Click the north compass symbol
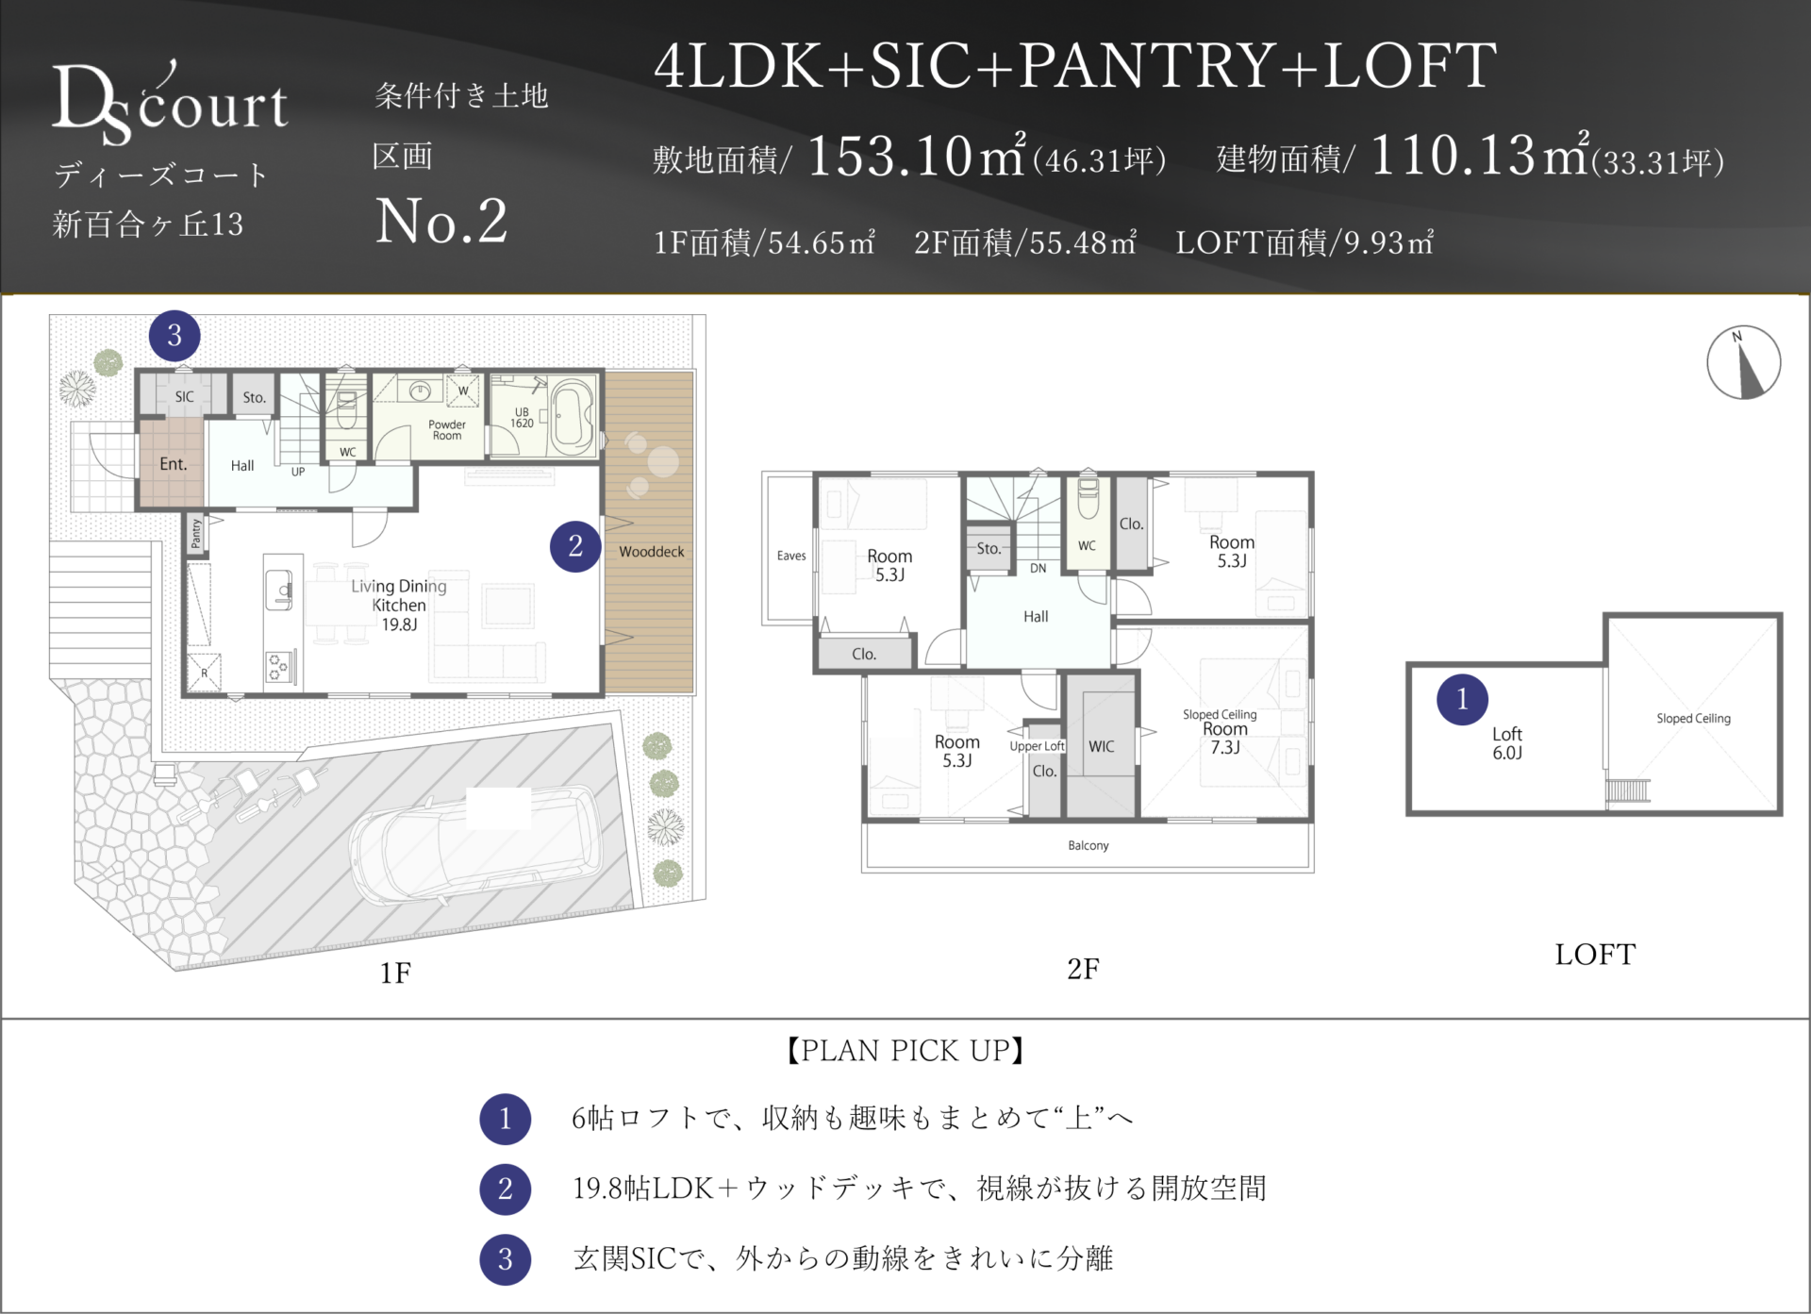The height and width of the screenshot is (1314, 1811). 1743,362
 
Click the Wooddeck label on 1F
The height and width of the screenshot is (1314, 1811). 652,552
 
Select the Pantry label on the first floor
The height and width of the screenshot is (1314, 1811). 196,533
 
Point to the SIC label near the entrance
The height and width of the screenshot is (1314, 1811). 184,397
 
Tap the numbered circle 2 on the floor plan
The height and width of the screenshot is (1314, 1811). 575,546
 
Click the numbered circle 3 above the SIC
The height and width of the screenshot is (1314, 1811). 174,336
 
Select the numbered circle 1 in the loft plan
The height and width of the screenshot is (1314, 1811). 1462,699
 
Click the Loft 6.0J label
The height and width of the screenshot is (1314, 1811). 1507,743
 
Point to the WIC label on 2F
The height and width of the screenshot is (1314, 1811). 1101,746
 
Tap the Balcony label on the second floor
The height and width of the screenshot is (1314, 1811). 1088,845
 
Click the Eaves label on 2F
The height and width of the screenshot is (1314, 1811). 791,556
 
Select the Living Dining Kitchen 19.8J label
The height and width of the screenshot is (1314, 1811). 399,605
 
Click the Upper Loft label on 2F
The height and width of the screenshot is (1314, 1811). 1037,746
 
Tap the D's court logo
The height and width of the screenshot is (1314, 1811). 170,104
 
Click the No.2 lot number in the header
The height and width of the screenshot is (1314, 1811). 441,222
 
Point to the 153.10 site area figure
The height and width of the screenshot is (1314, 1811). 889,156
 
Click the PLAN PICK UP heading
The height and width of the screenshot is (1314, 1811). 905,1051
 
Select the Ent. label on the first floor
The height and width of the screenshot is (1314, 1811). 174,464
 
